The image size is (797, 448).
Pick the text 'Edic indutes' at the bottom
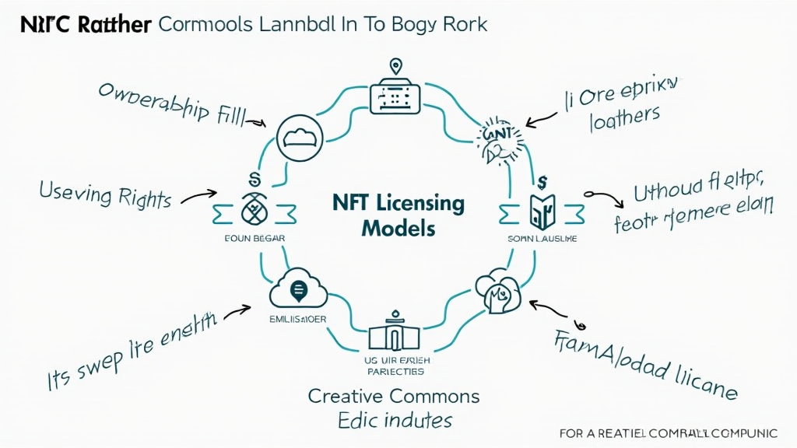click(x=395, y=421)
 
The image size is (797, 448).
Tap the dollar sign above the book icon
click(x=542, y=182)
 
